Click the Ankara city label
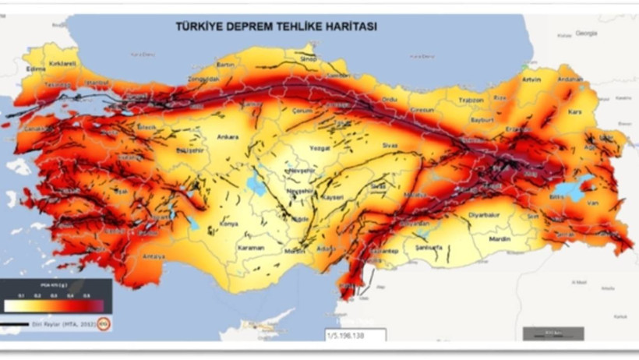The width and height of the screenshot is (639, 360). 228,137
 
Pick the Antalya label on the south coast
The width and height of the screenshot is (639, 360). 154,256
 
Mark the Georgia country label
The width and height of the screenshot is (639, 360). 585,34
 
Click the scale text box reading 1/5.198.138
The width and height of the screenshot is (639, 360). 355,335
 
